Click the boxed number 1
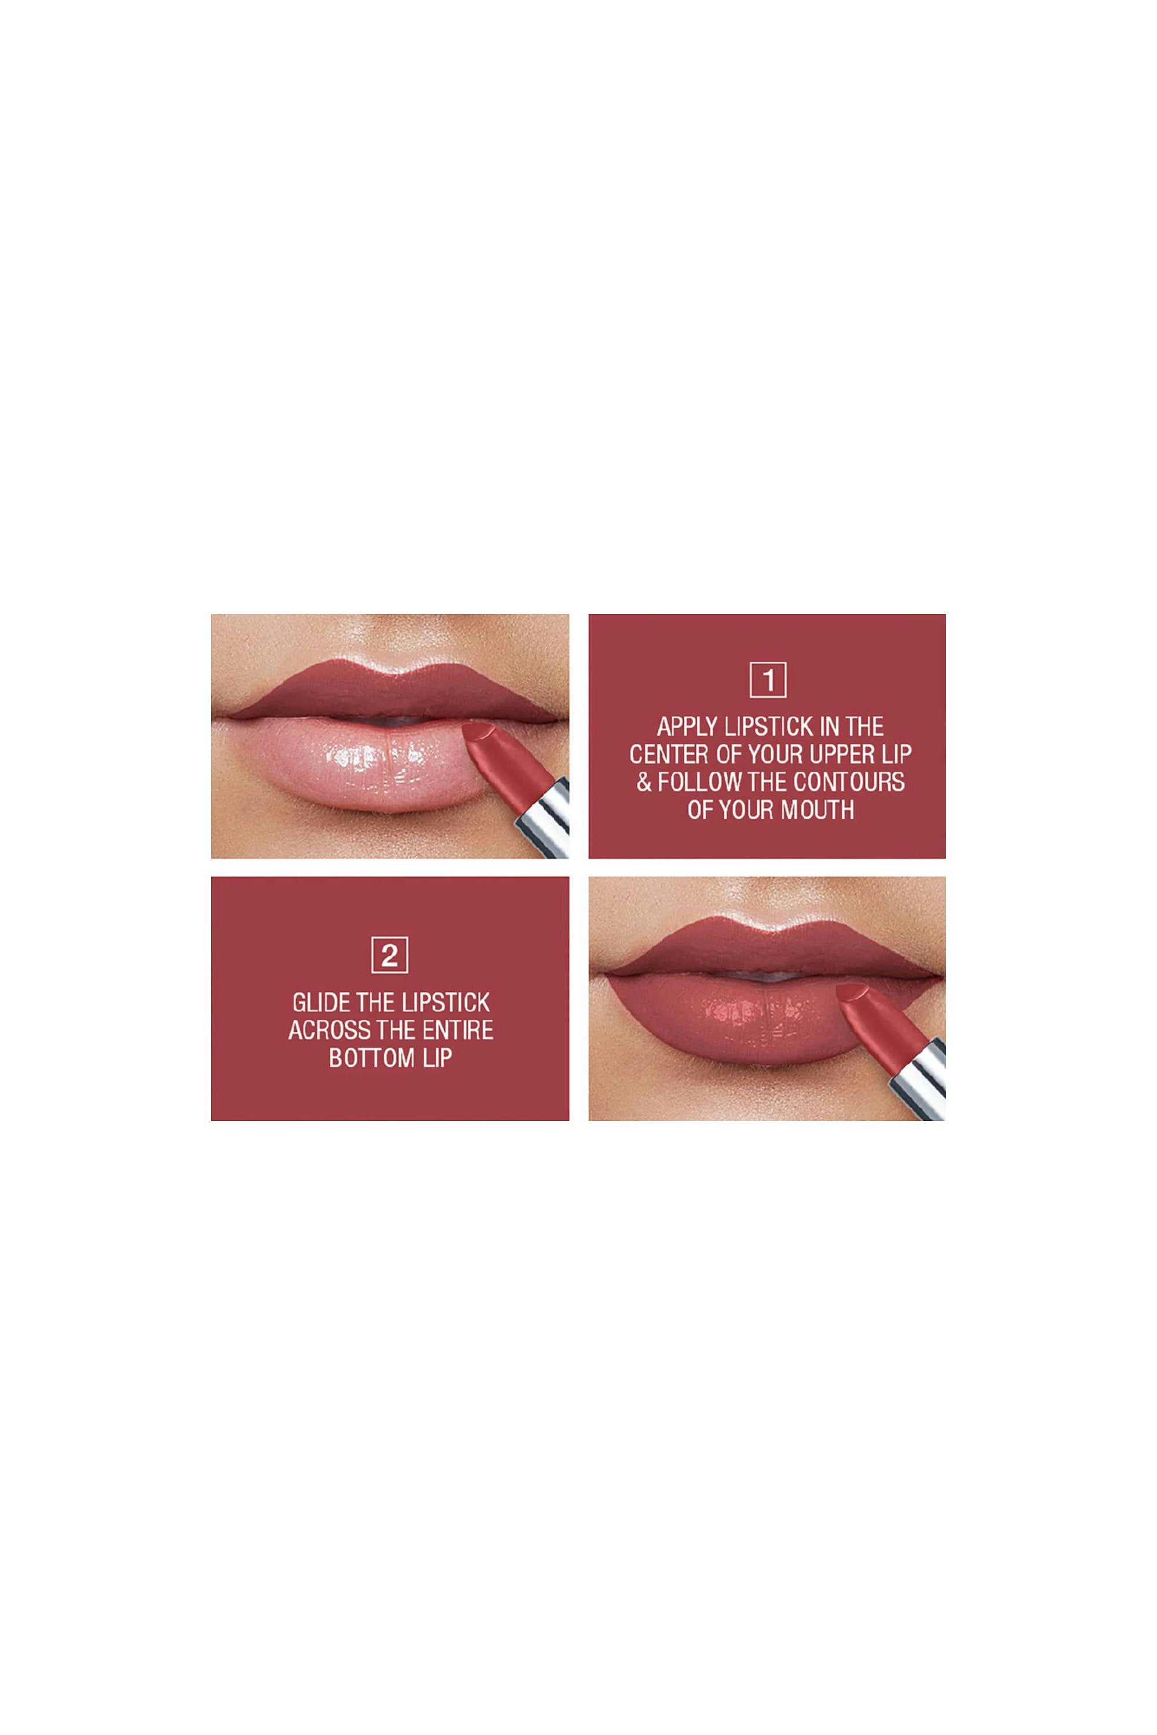(768, 680)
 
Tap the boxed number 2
(389, 955)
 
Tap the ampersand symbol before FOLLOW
(644, 782)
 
